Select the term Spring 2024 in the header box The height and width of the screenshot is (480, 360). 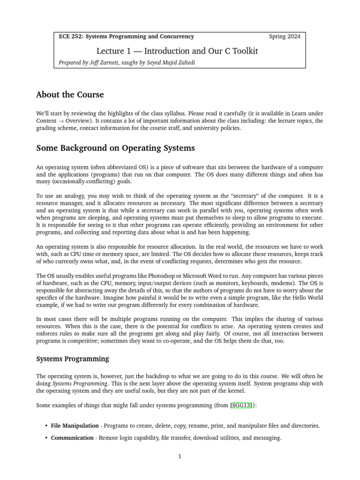pyautogui.click(x=285, y=36)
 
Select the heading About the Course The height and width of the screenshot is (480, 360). pyautogui.click(x=70, y=95)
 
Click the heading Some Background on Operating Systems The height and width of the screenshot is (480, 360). pyautogui.click(x=115, y=148)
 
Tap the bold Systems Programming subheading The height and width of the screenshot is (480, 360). pyautogui.click(x=72, y=359)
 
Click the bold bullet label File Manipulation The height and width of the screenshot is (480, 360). pyautogui.click(x=75, y=426)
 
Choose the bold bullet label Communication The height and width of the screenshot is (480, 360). pyautogui.click(x=72, y=438)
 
